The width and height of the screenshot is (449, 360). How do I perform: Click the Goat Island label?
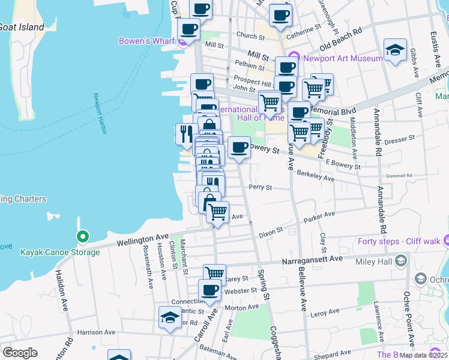(22, 27)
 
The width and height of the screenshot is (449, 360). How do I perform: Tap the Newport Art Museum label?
(343, 58)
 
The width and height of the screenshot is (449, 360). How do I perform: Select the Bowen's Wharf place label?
(146, 41)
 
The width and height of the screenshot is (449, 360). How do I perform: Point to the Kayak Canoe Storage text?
(60, 252)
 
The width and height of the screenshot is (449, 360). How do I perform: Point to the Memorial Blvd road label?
(331, 112)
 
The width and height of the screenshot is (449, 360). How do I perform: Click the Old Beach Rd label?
(342, 38)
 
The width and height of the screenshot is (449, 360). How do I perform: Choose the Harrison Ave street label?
(96, 332)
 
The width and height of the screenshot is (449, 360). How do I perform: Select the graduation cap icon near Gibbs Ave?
(396, 50)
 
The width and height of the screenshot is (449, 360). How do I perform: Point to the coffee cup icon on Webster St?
(209, 291)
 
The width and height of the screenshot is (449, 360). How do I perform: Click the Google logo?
(20, 353)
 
